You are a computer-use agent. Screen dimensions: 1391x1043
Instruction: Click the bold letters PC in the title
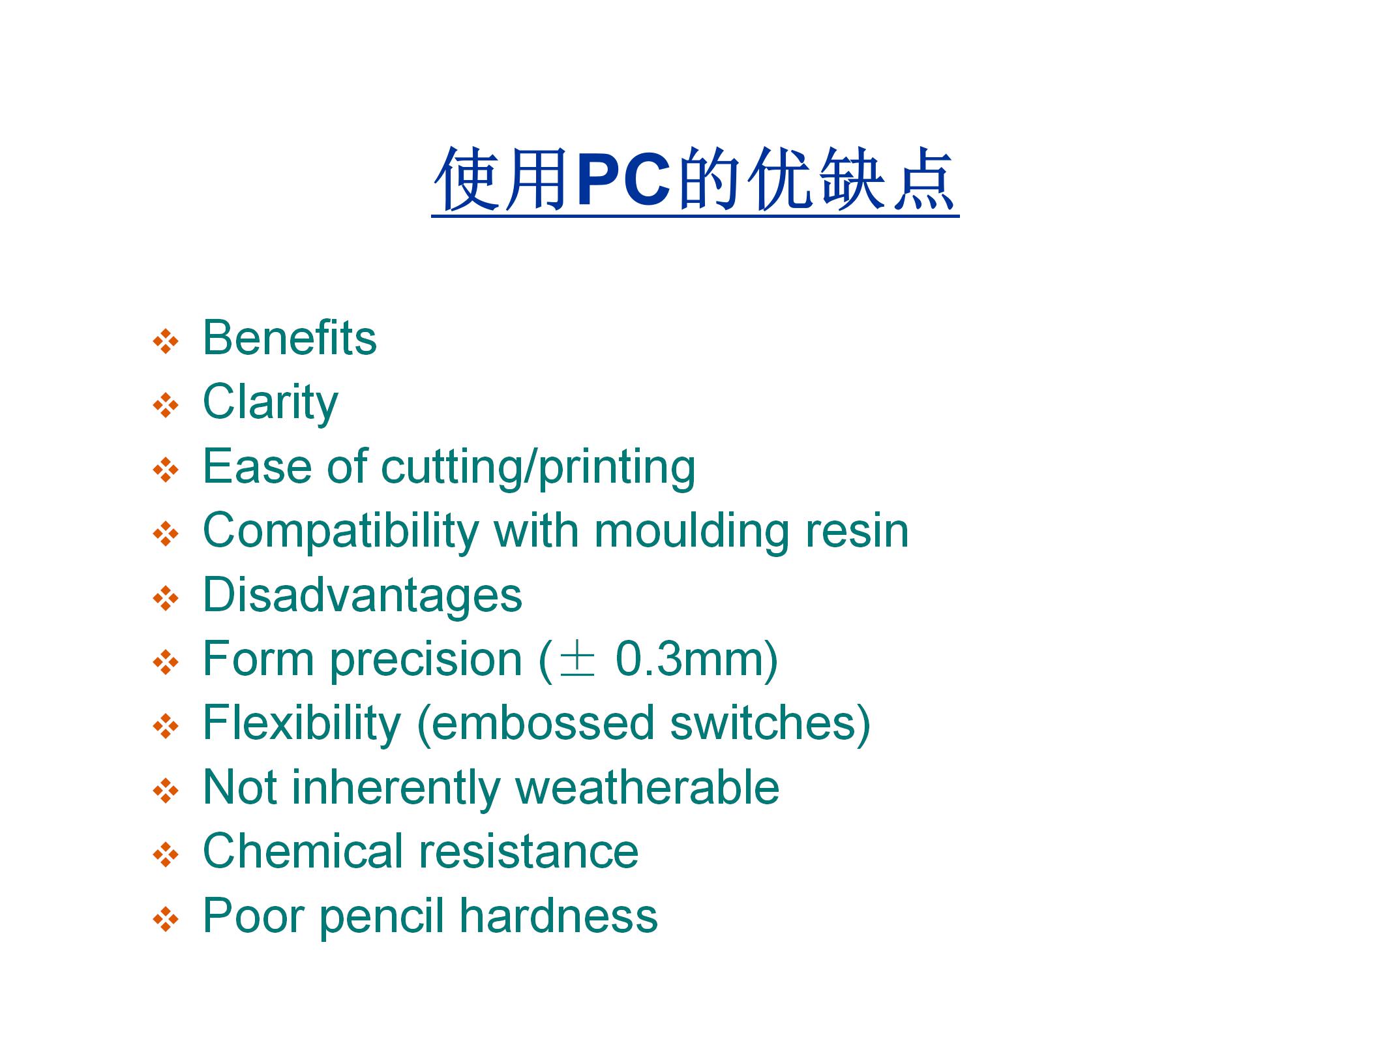coord(624,179)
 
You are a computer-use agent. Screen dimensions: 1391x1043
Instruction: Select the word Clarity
coord(271,404)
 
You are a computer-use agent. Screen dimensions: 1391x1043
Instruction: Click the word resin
coord(857,531)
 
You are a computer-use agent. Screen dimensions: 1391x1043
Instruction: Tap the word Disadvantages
coord(363,595)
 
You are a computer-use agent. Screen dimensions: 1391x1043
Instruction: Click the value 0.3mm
coord(691,659)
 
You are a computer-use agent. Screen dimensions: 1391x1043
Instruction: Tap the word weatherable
coord(647,787)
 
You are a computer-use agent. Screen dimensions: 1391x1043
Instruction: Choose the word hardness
coord(559,915)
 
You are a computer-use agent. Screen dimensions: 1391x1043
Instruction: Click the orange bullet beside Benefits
coord(166,341)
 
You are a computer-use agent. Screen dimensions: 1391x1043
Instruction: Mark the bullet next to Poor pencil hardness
coord(166,919)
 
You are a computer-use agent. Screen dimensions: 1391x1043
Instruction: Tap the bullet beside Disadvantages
coord(166,598)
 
